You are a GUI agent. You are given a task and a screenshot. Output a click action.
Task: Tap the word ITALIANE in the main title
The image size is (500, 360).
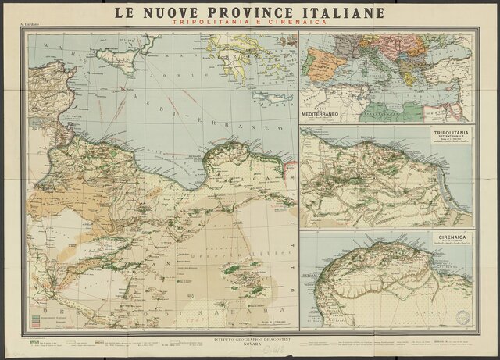[339, 12]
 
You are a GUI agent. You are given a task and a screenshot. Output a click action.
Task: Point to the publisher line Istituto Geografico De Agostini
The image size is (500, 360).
[249, 342]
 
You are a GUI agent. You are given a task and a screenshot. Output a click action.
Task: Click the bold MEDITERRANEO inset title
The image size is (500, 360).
[323, 115]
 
